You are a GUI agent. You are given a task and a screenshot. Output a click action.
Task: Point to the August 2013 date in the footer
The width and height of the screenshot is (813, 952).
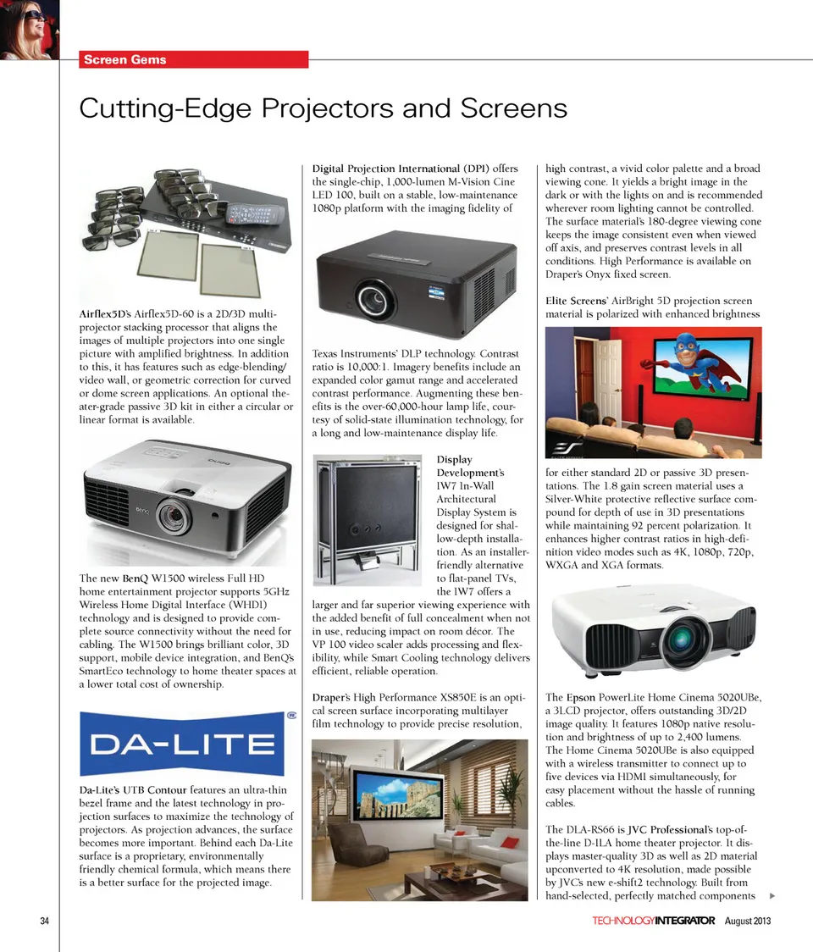(748, 921)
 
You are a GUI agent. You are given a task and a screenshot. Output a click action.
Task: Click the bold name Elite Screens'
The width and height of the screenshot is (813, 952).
(578, 301)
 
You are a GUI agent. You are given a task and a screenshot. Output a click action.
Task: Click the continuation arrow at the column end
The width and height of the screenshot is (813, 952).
(772, 896)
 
